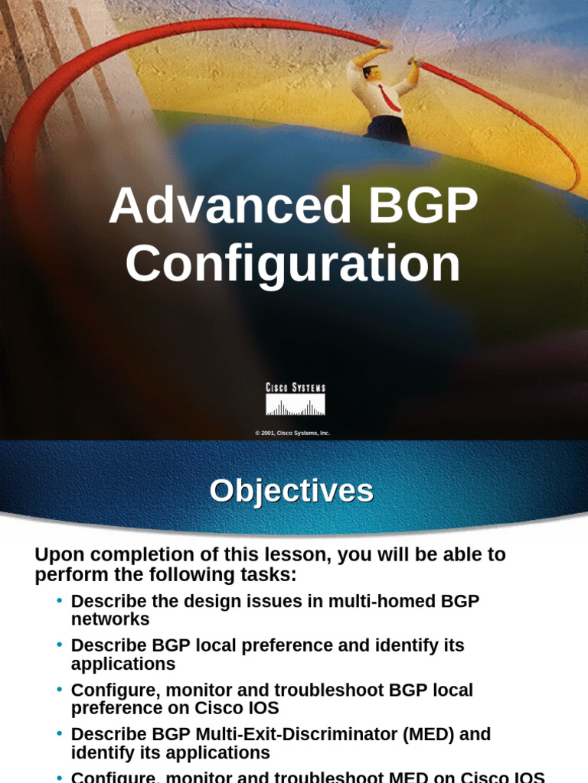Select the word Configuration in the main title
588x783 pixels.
pyautogui.click(x=293, y=265)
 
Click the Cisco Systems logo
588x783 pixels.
pyautogui.click(x=296, y=400)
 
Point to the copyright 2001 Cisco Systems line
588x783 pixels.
pyautogui.click(x=292, y=433)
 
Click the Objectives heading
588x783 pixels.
pyautogui.click(x=292, y=490)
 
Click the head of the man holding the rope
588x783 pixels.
pyautogui.click(x=371, y=74)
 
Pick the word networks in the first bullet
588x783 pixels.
pyautogui.click(x=110, y=619)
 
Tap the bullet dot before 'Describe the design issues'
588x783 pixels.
pyautogui.click(x=59, y=600)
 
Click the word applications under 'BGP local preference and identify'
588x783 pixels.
pyautogui.click(x=123, y=664)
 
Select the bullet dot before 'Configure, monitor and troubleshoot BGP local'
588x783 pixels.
pyautogui.click(x=59, y=689)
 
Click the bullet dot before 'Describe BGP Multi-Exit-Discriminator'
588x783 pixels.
pyautogui.click(x=59, y=733)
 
